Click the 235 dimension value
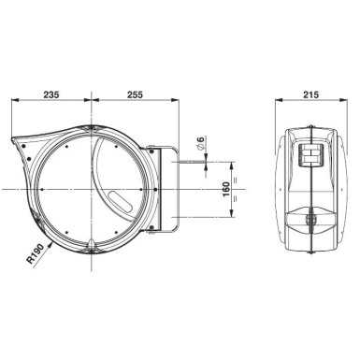click(51, 94)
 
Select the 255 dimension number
click(135, 94)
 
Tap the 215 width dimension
click(310, 94)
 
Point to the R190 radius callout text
click(36, 254)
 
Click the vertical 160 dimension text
click(226, 189)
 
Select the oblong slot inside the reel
click(120, 202)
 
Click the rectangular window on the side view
click(311, 155)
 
